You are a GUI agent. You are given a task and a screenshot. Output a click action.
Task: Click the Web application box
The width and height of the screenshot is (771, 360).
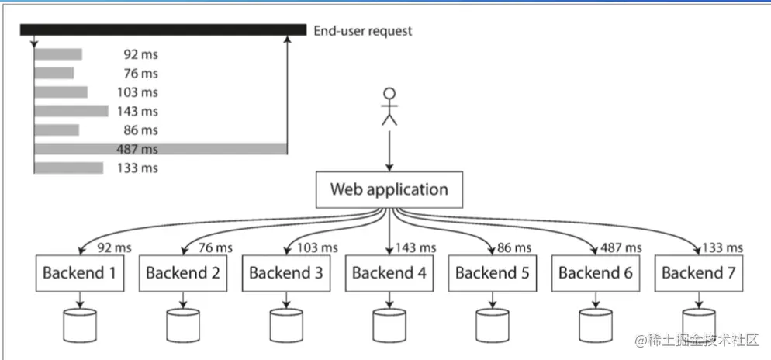(x=389, y=189)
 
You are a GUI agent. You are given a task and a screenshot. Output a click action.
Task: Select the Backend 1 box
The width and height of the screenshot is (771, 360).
(x=80, y=273)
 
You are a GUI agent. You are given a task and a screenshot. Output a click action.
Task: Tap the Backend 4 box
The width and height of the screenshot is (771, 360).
(x=389, y=273)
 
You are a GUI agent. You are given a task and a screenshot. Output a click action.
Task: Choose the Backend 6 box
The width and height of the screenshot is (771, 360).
(x=596, y=273)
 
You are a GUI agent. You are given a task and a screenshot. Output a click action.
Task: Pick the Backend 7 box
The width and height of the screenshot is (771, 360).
(x=698, y=273)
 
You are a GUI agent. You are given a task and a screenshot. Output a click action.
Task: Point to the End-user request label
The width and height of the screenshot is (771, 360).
(x=363, y=31)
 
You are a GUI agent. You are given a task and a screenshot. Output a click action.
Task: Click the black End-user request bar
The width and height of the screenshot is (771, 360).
(x=163, y=30)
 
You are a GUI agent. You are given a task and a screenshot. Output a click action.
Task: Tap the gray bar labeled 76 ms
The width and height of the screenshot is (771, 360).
(x=54, y=73)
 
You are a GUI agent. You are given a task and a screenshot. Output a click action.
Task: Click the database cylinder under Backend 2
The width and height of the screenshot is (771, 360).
(x=183, y=326)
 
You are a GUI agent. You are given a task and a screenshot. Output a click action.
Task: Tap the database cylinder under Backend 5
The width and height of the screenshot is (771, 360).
(x=493, y=326)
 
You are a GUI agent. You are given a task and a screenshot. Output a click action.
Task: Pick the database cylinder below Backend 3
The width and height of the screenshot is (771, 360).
(x=286, y=326)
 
